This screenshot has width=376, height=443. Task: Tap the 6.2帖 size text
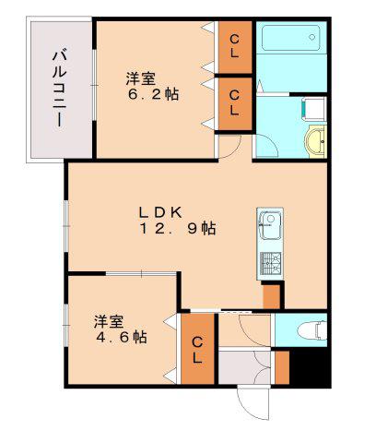click(153, 94)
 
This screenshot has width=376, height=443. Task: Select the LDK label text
click(160, 212)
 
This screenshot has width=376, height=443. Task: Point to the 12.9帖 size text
click(178, 229)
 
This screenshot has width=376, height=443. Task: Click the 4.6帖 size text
click(122, 338)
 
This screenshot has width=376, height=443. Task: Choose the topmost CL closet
click(235, 47)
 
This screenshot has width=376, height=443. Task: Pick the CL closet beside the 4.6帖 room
click(197, 349)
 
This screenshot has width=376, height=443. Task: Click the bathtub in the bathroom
click(290, 38)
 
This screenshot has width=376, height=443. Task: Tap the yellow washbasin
click(315, 141)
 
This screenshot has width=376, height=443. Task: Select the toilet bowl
click(311, 330)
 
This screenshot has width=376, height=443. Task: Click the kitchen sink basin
click(270, 226)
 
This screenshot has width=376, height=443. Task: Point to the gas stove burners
click(271, 263)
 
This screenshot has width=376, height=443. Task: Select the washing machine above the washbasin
click(313, 109)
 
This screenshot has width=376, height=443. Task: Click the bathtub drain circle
click(312, 37)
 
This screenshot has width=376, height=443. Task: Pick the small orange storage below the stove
click(272, 296)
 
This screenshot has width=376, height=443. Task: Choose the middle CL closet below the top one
click(235, 103)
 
